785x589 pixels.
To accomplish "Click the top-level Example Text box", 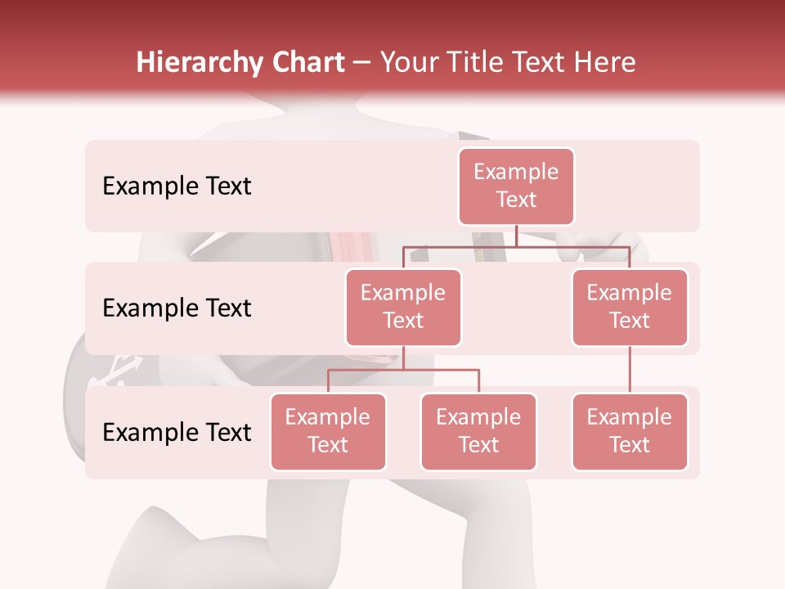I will pyautogui.click(x=516, y=187).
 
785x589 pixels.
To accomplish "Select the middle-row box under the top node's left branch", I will pyautogui.click(x=403, y=308).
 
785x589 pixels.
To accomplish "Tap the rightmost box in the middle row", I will pyautogui.click(x=630, y=308).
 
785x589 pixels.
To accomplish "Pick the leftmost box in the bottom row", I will pyautogui.click(x=328, y=432).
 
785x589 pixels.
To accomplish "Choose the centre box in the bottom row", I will pyautogui.click(x=478, y=432).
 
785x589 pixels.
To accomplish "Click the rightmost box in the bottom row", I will pyautogui.click(x=630, y=432).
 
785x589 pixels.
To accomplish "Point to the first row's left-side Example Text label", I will pyautogui.click(x=177, y=187).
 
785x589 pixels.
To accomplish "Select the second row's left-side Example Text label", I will pyautogui.click(x=177, y=308).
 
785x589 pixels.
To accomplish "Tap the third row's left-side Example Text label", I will pyautogui.click(x=177, y=433).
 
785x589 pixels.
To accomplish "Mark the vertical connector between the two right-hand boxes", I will pyautogui.click(x=630, y=370).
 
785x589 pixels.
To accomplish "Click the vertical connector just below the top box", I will pyautogui.click(x=516, y=236).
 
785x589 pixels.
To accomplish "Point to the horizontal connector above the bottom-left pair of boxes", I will pyautogui.click(x=403, y=370).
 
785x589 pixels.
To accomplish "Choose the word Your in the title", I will pyautogui.click(x=409, y=62).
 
